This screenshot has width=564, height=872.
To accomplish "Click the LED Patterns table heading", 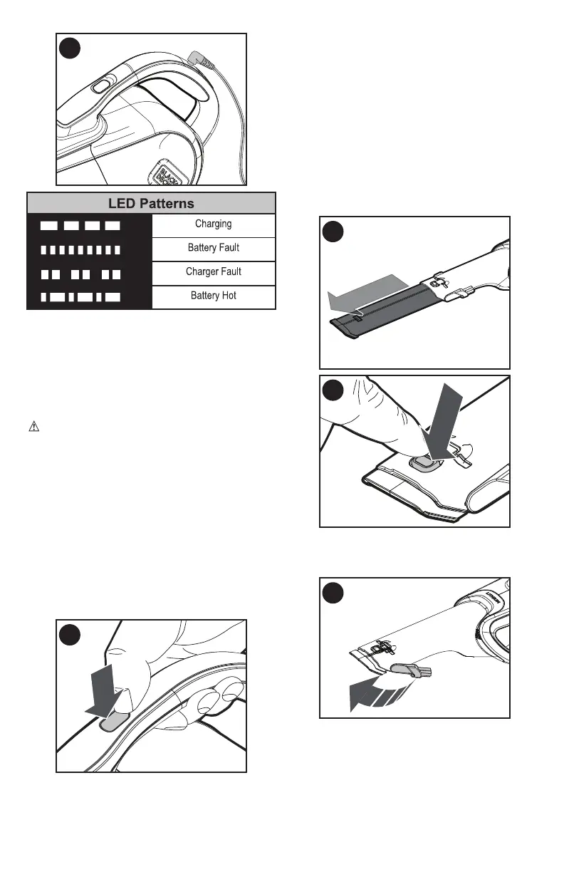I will point(151,203).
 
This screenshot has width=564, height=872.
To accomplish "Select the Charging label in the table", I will point(214,224).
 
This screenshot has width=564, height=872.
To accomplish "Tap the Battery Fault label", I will point(214,248).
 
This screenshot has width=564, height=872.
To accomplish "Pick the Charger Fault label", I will point(214,271).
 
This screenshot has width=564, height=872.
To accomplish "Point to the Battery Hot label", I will point(214,296).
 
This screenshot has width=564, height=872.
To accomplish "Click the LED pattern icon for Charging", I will point(80,226).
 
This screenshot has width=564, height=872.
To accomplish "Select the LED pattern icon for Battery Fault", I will point(80,250).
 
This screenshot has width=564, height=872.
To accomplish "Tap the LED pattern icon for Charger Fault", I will point(80,274).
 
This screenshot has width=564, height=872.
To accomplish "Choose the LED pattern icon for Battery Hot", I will point(80,297).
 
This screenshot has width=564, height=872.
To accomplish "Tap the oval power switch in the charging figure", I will point(100,86).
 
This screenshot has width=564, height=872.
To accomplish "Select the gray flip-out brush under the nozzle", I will point(407,669).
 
